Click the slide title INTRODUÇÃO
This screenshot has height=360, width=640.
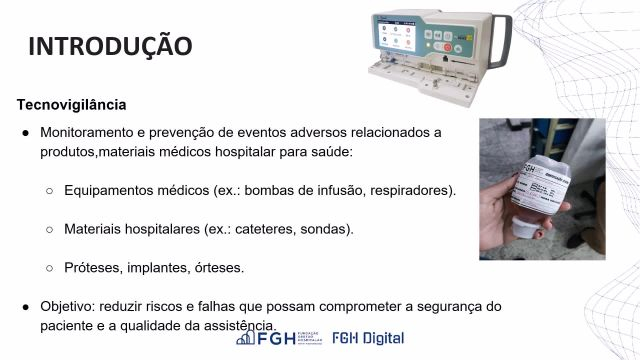point(109,46)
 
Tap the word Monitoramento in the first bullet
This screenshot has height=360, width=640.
point(87,132)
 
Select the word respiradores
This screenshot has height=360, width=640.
point(410,190)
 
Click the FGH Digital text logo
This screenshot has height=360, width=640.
point(368,338)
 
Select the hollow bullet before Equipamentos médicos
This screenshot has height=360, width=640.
point(49,190)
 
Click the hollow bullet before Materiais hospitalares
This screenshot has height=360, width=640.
point(49,229)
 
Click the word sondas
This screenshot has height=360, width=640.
point(330,229)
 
